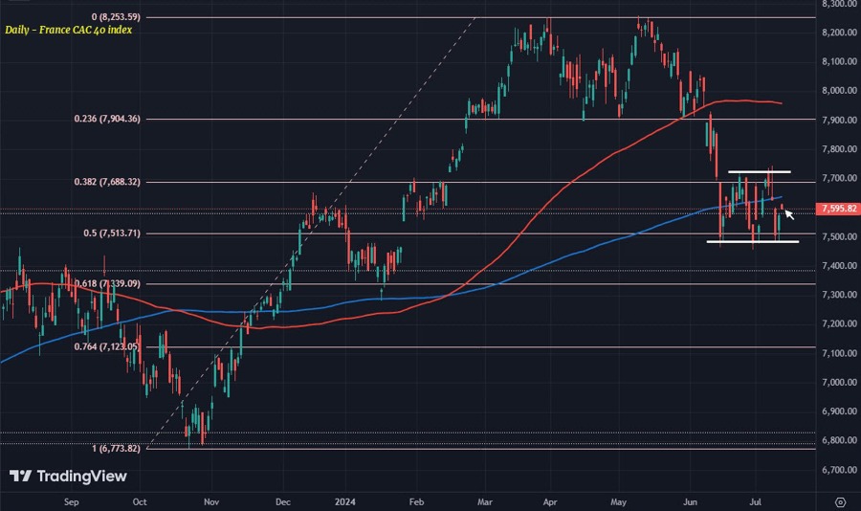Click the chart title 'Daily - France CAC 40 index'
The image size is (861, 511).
(x=68, y=30)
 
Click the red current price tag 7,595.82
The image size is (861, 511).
(x=838, y=209)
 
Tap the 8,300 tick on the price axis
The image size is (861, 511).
(x=839, y=4)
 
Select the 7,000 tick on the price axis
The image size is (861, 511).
(x=839, y=383)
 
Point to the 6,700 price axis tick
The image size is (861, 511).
(x=839, y=470)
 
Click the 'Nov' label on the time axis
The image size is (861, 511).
(x=211, y=500)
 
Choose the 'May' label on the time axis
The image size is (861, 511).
(x=618, y=500)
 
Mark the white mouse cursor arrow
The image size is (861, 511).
(x=789, y=214)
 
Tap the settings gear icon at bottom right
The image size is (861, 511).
(x=839, y=500)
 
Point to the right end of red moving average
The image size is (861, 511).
(x=782, y=103)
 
